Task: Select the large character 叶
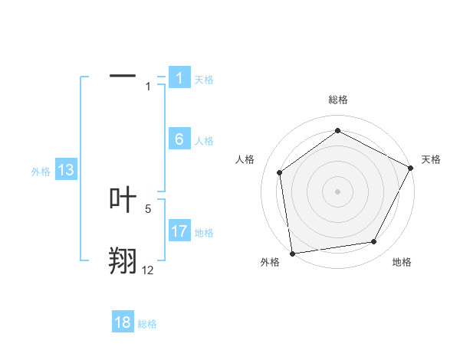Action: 123,200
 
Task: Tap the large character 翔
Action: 123,260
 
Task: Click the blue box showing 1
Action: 179,78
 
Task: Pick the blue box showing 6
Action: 179,139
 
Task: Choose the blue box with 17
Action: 179,231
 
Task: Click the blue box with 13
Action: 66,170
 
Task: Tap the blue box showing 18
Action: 123,322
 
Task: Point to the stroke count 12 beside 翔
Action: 147,270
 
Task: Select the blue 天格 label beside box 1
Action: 204,79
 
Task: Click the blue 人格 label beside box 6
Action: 204,140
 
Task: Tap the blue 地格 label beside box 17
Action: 204,232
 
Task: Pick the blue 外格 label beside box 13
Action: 41,172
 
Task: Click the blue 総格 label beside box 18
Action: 147,324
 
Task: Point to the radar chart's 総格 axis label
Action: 337,100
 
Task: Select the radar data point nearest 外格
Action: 291,253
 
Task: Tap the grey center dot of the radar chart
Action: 337,191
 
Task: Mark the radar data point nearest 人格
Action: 280,172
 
